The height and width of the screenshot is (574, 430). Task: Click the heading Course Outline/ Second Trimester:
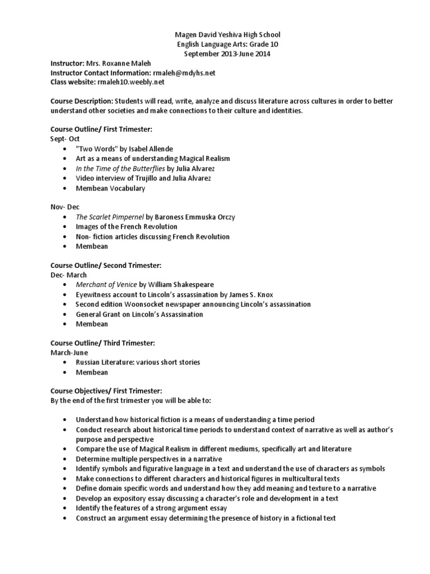106,265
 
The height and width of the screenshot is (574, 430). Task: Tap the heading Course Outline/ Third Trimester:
102,342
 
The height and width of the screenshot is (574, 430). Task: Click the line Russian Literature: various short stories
138,362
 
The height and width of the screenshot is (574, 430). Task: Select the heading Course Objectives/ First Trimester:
106,391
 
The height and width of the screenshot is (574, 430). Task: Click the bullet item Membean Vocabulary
110,188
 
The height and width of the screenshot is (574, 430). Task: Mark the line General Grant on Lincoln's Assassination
139,314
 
